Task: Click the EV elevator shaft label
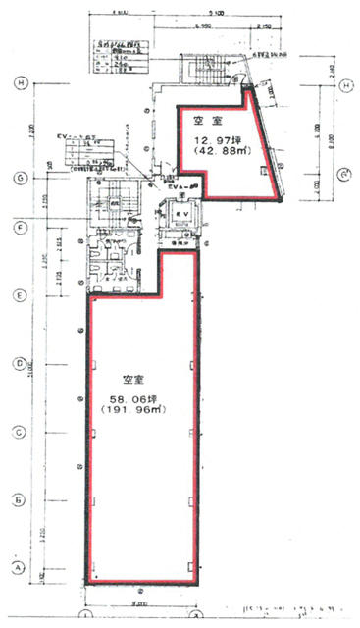pyautogui.click(x=182, y=214)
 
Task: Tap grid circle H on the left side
pyautogui.click(x=21, y=84)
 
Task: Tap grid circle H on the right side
pyautogui.click(x=346, y=87)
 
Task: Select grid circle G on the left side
pyautogui.click(x=21, y=178)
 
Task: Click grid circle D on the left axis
pyautogui.click(x=21, y=362)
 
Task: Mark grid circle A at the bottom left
pyautogui.click(x=19, y=566)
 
